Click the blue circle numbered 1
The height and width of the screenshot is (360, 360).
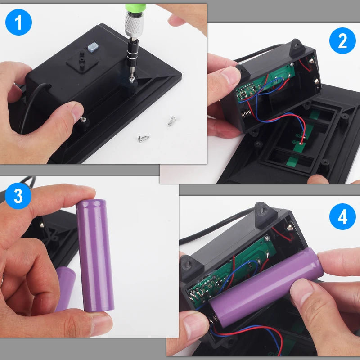(18, 22)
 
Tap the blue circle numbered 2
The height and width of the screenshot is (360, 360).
(342, 40)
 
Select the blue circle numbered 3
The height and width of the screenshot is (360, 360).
(18, 196)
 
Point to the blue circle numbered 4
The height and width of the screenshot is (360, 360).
(342, 216)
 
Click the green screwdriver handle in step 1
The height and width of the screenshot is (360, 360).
(135, 7)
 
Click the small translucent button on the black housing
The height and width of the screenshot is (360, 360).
(93, 47)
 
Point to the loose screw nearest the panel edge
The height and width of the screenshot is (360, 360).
(144, 139)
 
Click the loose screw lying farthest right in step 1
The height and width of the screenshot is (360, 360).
(171, 121)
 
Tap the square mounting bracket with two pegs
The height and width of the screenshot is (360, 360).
(82, 62)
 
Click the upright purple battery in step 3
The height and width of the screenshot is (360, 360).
(95, 255)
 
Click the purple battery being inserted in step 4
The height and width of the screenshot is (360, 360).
(266, 287)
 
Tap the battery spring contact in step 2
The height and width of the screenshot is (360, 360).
(246, 114)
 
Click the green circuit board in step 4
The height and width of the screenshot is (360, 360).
(232, 271)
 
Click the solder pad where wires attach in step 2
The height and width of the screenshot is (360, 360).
(301, 144)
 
